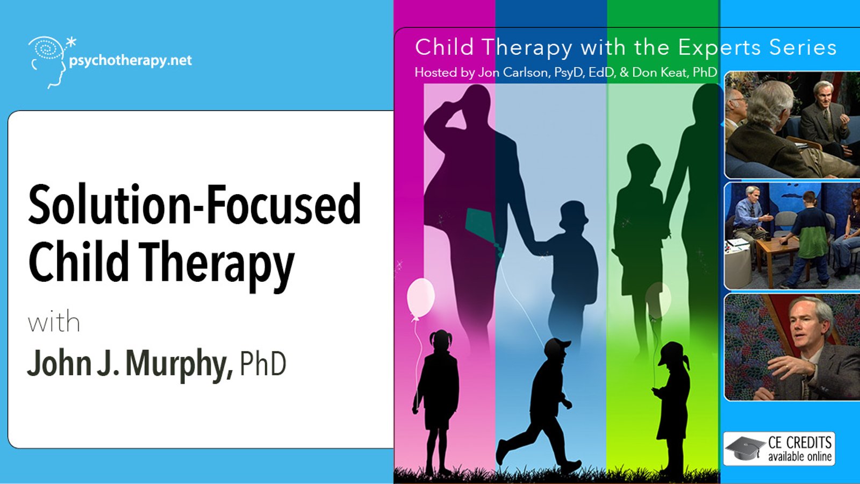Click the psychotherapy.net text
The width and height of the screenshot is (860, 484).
coord(131,61)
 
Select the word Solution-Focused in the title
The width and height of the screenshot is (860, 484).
coord(194,204)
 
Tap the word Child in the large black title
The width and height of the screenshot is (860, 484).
coord(78,261)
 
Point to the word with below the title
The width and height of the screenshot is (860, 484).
coord(54,322)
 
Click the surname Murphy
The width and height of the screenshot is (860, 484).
coord(179,364)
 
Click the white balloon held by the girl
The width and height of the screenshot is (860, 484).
coord(420,298)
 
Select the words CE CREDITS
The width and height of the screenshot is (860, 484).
coord(800,443)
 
